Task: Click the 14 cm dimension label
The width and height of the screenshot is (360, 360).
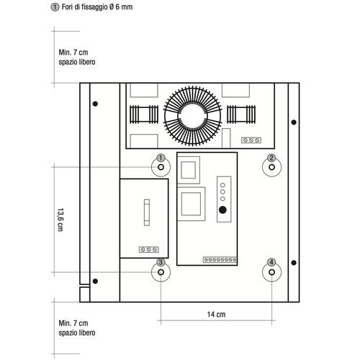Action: (x=216, y=314)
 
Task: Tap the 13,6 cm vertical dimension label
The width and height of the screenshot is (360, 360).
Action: (x=60, y=220)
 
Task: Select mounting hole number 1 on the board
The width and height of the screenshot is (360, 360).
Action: (x=161, y=167)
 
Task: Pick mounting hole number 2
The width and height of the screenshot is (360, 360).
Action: (x=271, y=167)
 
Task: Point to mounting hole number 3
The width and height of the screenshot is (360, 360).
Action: (x=161, y=272)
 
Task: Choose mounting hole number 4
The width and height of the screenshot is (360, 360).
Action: (x=271, y=272)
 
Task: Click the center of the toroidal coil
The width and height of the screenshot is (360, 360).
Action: (x=192, y=116)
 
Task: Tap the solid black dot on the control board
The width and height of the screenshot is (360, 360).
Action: (x=222, y=210)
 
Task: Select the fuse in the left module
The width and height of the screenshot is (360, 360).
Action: (x=147, y=212)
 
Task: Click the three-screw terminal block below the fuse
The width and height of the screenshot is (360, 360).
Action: (x=149, y=250)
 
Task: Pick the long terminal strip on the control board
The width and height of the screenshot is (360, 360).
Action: (x=220, y=259)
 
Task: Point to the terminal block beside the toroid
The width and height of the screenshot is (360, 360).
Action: (x=251, y=140)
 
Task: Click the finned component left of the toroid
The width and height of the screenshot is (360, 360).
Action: (x=144, y=114)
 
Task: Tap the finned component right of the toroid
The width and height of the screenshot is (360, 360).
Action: (x=241, y=114)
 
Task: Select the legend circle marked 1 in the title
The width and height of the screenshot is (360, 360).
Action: (x=55, y=7)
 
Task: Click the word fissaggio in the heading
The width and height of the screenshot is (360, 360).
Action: (x=94, y=7)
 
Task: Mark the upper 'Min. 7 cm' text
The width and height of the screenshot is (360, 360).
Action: (x=73, y=53)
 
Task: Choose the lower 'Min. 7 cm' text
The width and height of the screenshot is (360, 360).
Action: (x=73, y=323)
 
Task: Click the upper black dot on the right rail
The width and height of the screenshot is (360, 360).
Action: (x=294, y=122)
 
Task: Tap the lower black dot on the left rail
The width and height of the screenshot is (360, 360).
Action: (x=95, y=281)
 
